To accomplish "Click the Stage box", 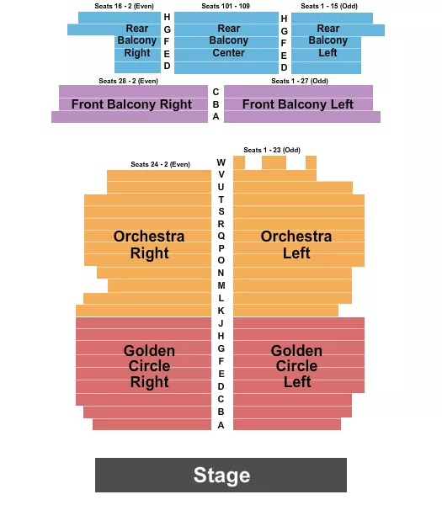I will (x=221, y=475).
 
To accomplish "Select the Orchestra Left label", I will (x=296, y=244).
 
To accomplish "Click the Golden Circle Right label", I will (x=149, y=366).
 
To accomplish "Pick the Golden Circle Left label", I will (x=296, y=366).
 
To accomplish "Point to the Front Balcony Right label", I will (x=131, y=104).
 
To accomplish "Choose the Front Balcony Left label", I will (x=298, y=104).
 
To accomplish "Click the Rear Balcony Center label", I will (x=228, y=40).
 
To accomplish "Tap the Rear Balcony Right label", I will (x=136, y=40).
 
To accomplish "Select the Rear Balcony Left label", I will (x=328, y=40).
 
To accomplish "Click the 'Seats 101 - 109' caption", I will (x=226, y=6).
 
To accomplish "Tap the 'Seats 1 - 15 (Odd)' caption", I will (x=329, y=6).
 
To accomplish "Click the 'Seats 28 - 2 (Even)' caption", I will (x=128, y=81).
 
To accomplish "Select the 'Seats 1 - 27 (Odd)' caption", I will (x=301, y=81).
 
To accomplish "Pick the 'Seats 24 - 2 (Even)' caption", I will (x=160, y=164).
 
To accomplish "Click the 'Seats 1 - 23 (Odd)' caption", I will (x=272, y=150).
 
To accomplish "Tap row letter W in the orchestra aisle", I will (x=221, y=162).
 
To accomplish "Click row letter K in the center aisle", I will (x=221, y=311).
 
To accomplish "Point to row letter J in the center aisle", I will (x=221, y=323).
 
